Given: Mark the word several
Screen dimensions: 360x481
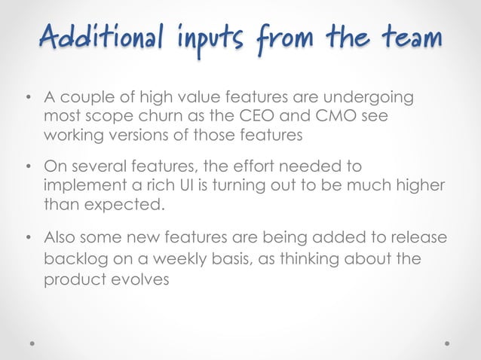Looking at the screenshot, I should [105, 166].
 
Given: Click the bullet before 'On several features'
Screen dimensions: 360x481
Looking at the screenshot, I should [28, 167].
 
